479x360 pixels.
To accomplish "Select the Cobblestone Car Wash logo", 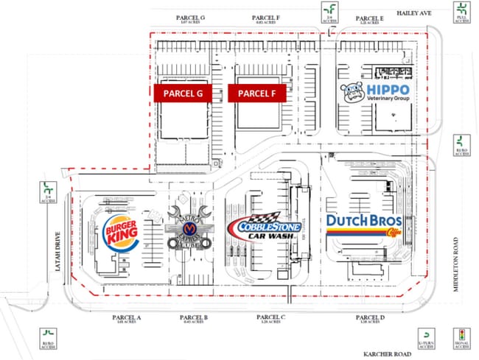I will [265, 227].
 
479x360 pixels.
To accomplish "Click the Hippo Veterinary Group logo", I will [377, 92].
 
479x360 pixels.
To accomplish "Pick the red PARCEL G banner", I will [183, 93].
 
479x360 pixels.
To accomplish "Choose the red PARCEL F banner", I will [256, 93].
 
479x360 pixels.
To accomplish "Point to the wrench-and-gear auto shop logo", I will [191, 228].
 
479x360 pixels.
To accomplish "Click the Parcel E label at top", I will [369, 18].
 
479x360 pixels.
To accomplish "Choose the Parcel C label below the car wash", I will [271, 317].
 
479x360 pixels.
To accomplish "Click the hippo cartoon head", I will [352, 91].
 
